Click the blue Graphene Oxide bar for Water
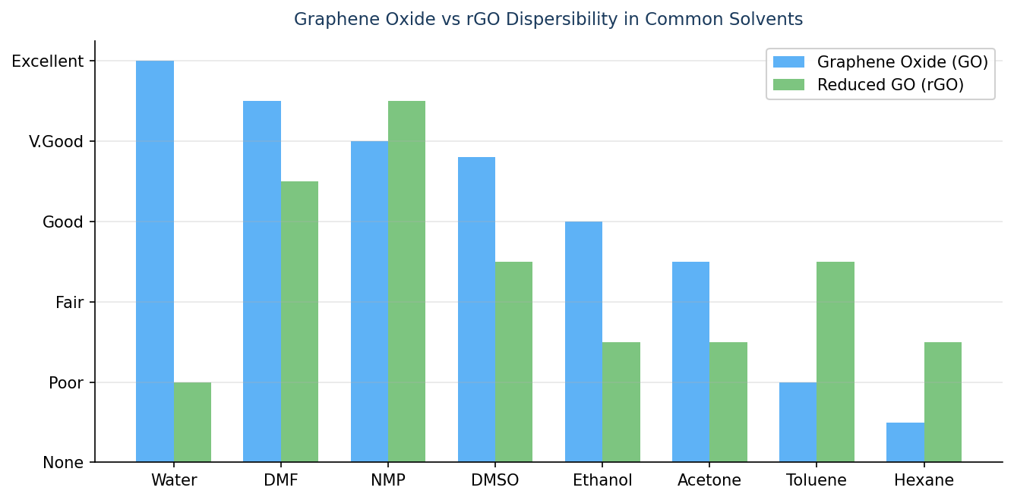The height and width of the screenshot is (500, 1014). point(155,261)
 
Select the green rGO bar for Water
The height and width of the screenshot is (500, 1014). point(192,422)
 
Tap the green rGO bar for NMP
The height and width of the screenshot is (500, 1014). point(406,281)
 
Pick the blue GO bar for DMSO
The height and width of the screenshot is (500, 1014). point(476,309)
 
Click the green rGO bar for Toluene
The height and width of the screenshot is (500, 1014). point(836,361)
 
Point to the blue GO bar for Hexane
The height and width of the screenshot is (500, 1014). point(905,442)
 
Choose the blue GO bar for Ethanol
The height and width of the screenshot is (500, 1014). point(583,341)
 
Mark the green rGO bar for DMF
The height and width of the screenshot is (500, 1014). point(299,321)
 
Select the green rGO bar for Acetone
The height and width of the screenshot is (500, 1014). point(728,401)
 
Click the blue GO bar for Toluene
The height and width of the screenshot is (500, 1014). point(798,422)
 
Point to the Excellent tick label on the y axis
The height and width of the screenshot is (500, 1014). point(48,61)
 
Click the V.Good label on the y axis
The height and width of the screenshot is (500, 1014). point(56,142)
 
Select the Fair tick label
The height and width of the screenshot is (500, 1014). point(69,303)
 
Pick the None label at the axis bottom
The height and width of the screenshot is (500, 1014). point(63,463)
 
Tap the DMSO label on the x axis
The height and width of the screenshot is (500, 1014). point(494,480)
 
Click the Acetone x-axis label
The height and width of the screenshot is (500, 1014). point(709,480)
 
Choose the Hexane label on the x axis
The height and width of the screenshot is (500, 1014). point(924,480)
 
